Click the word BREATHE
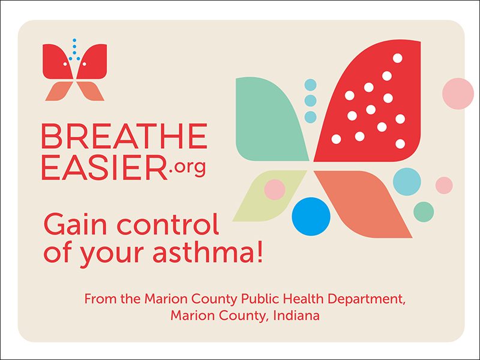(124, 137)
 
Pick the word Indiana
(295, 315)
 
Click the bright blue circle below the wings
(311, 216)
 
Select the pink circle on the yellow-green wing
(275, 190)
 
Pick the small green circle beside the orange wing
(424, 211)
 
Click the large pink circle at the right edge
(458, 93)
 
